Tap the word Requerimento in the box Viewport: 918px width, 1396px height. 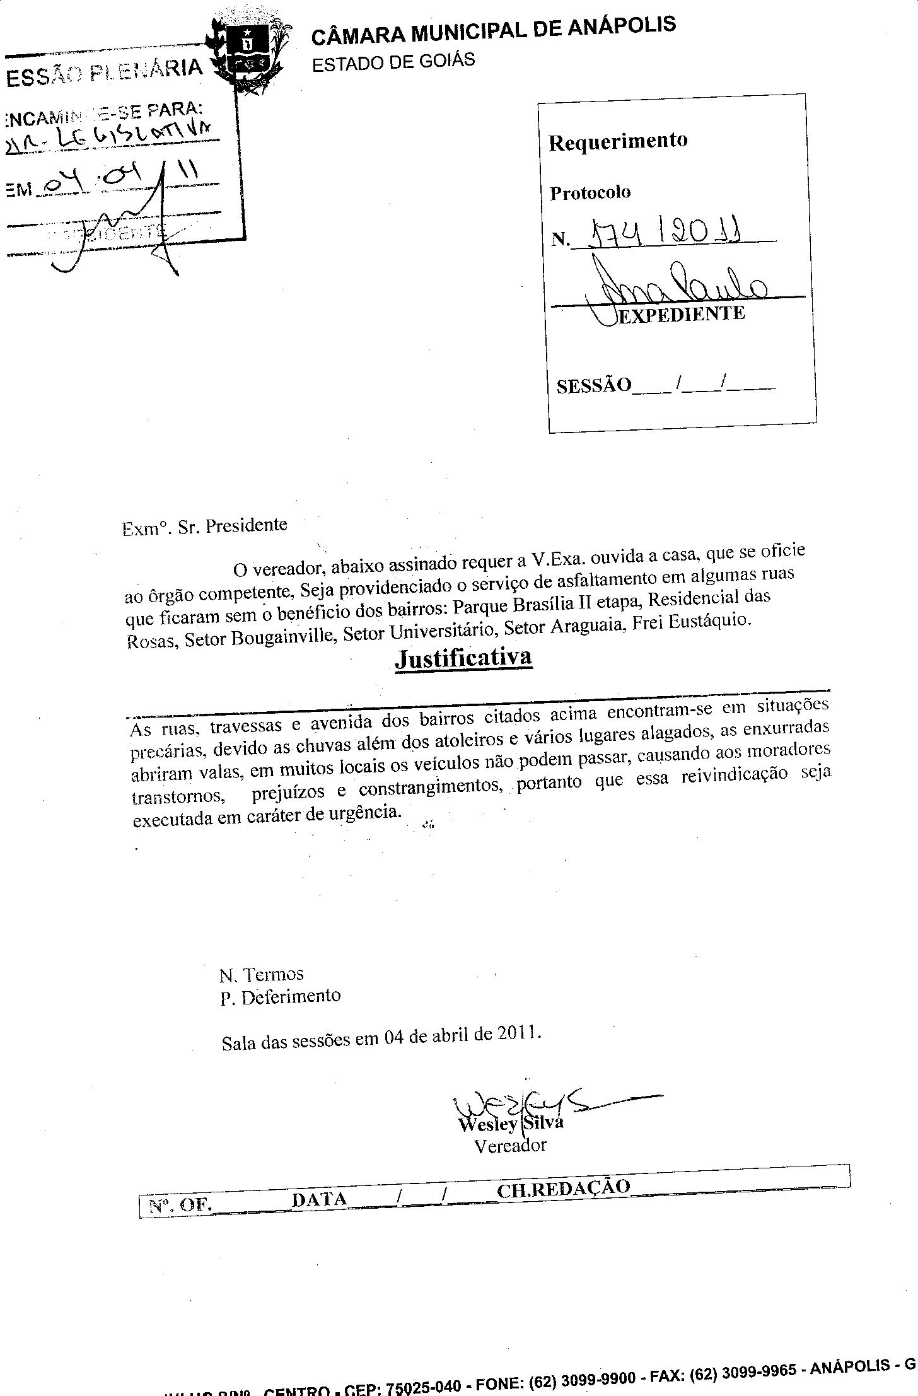618,141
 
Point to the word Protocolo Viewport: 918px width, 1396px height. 590,192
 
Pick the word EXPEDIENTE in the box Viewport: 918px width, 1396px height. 682,313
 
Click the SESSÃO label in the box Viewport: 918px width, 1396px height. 594,385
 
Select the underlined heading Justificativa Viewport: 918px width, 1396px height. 463,658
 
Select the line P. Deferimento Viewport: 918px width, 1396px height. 281,997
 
